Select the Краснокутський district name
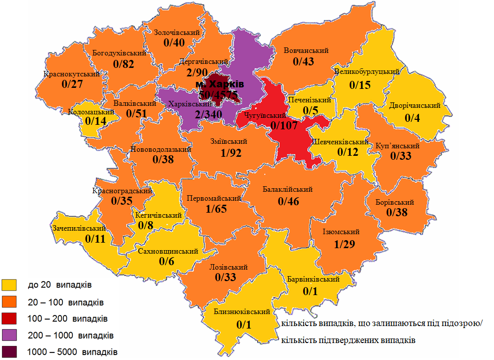tap(71, 74)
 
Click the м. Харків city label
tap(219, 83)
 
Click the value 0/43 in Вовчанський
tap(304, 61)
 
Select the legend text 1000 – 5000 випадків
tap(72, 352)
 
